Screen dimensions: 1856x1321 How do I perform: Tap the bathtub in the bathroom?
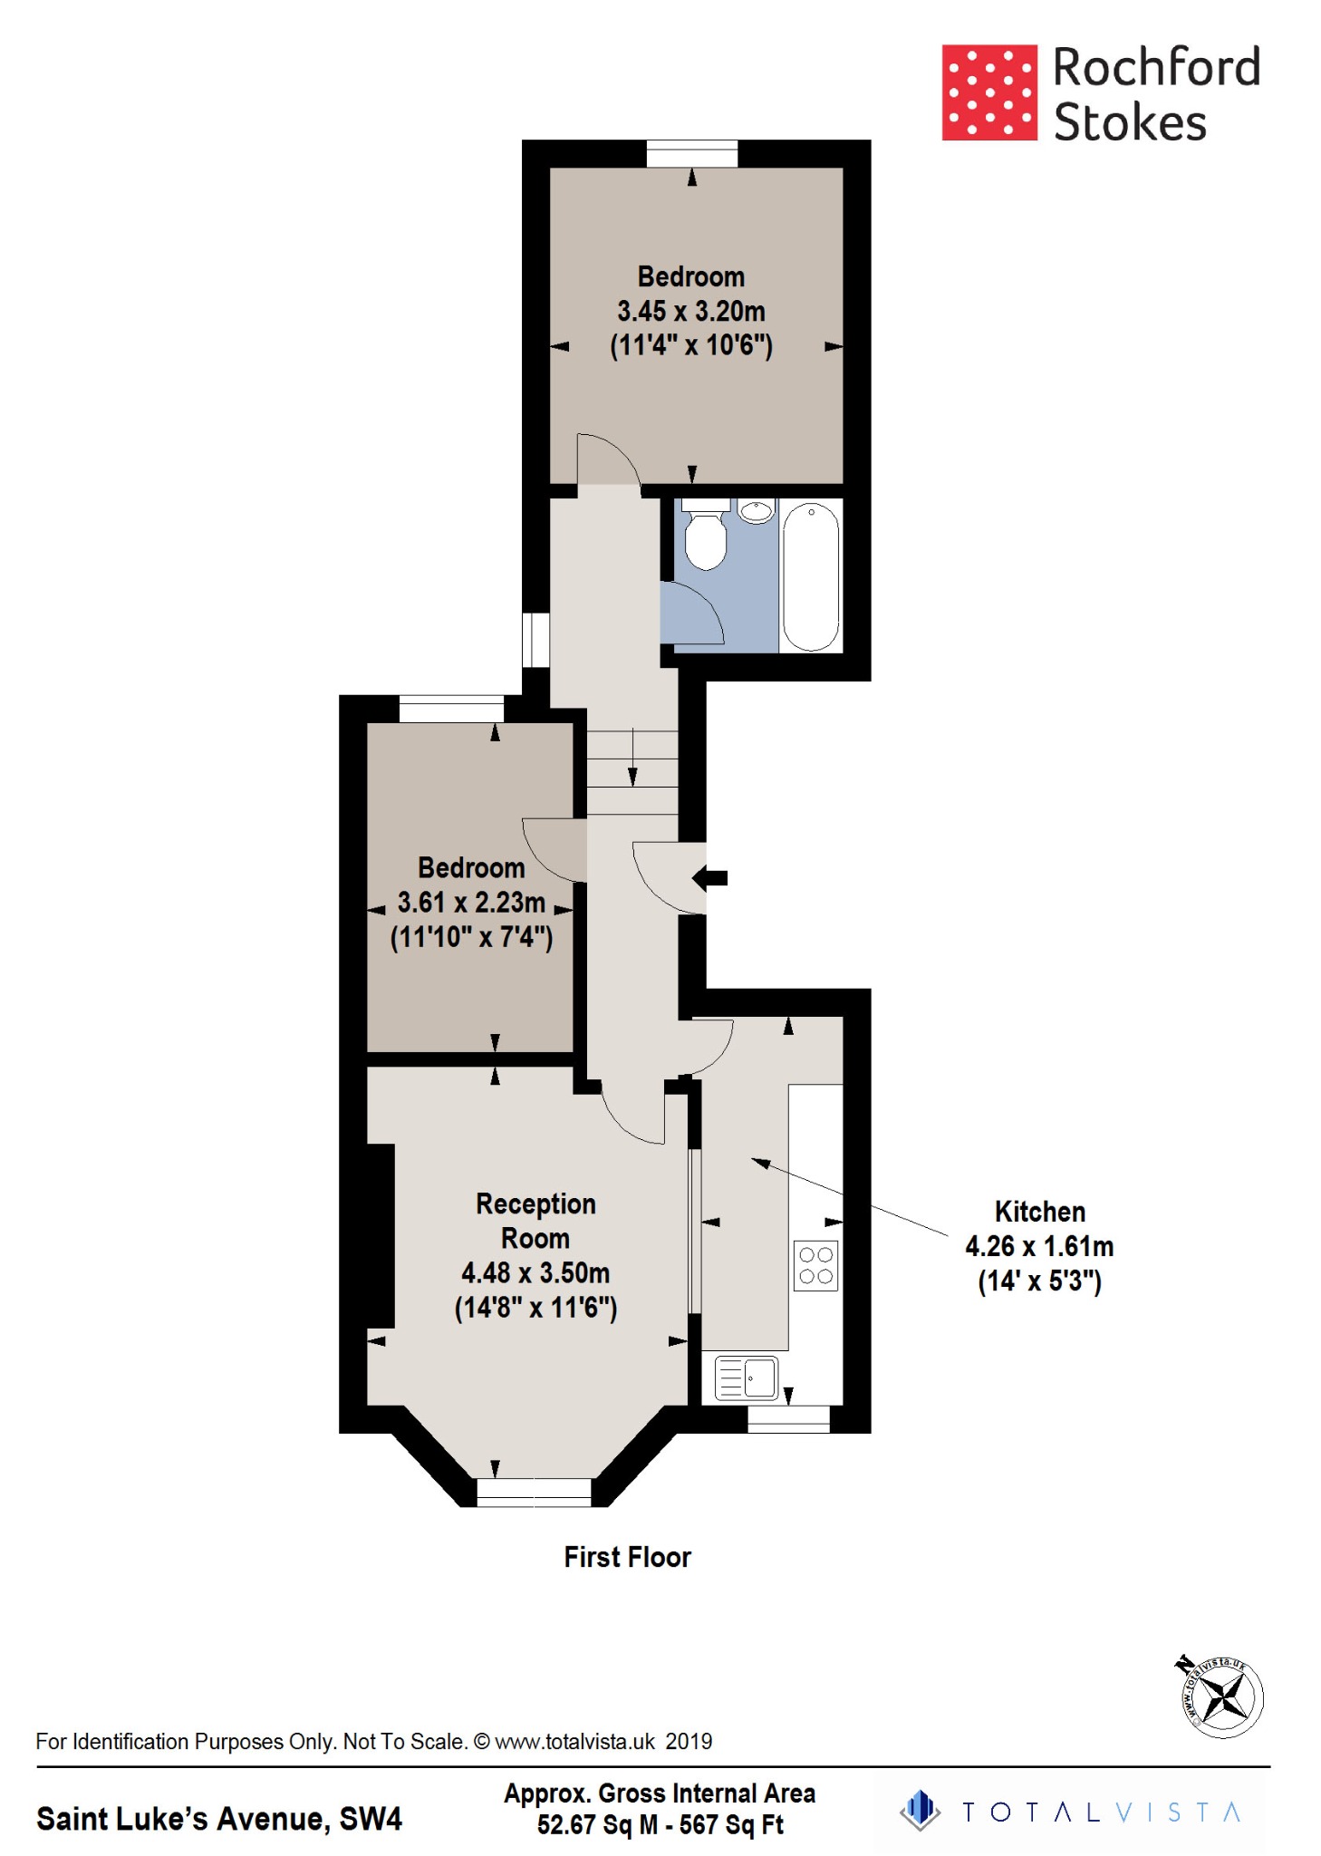[811, 576]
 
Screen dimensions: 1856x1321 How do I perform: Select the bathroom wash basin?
[756, 511]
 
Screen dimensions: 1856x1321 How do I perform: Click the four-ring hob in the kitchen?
[816, 1265]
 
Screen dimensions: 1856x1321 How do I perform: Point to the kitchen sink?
[747, 1378]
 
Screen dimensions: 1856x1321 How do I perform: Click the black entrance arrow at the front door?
[710, 877]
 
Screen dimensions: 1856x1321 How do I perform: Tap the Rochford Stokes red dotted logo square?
[989, 92]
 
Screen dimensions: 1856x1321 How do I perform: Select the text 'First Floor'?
[627, 1557]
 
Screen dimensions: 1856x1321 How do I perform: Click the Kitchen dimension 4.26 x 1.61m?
[1039, 1246]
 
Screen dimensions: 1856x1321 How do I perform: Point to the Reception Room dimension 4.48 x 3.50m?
[535, 1273]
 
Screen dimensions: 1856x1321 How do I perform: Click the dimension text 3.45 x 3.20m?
[691, 311]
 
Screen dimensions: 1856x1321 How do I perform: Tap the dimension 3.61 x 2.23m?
[471, 903]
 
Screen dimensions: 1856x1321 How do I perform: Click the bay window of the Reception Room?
[534, 1491]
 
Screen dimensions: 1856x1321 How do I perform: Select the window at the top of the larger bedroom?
[692, 153]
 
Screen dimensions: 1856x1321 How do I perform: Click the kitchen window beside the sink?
[788, 1418]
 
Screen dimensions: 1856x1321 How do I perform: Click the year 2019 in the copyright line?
[689, 1741]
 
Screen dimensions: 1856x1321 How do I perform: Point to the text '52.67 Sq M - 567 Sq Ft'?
[660, 1824]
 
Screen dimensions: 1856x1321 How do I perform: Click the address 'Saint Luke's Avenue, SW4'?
[218, 1818]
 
